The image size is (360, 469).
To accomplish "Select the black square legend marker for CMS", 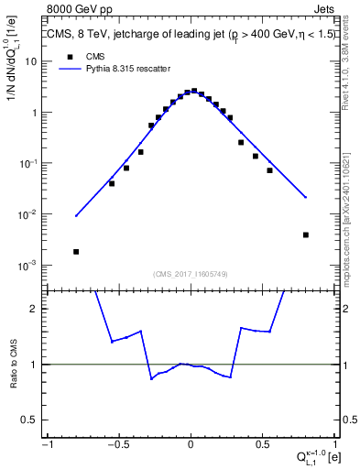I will click(x=68, y=57).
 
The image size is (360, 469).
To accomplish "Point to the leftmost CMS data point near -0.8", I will click(x=76, y=252).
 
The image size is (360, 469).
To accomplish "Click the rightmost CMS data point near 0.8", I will click(x=305, y=234).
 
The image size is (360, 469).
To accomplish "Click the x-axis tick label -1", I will click(x=48, y=445).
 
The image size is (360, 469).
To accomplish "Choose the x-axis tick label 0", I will click(x=191, y=445).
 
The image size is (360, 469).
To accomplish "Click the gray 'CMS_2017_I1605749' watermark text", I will click(x=190, y=274).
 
